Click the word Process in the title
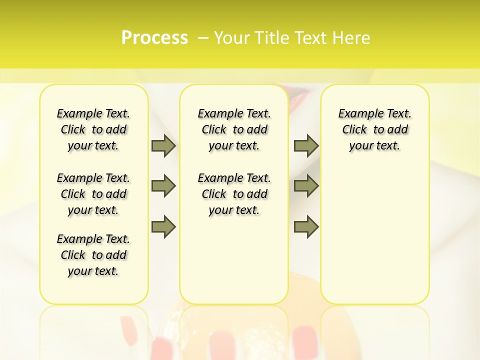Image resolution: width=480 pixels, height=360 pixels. pos(154,38)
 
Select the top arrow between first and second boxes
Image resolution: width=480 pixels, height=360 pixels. pos(163,146)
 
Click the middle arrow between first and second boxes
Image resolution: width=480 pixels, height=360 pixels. pos(163,186)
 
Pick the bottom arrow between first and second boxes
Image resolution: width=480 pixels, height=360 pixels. pos(163,226)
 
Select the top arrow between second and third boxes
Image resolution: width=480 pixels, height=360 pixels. pos(306,146)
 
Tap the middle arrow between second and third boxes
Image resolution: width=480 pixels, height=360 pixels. pos(306,186)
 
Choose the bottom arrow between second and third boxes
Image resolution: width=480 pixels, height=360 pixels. pos(306,226)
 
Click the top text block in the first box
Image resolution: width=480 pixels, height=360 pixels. pos(93,129)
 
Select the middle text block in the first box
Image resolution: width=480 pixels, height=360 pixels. pos(93,194)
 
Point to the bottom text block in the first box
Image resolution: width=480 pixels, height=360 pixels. pos(93,255)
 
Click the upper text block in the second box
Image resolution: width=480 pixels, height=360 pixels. pos(234,129)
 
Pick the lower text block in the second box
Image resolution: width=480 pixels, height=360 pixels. pos(234,194)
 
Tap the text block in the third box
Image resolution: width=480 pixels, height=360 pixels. pos(375,129)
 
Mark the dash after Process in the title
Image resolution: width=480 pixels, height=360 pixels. pos(202,38)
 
